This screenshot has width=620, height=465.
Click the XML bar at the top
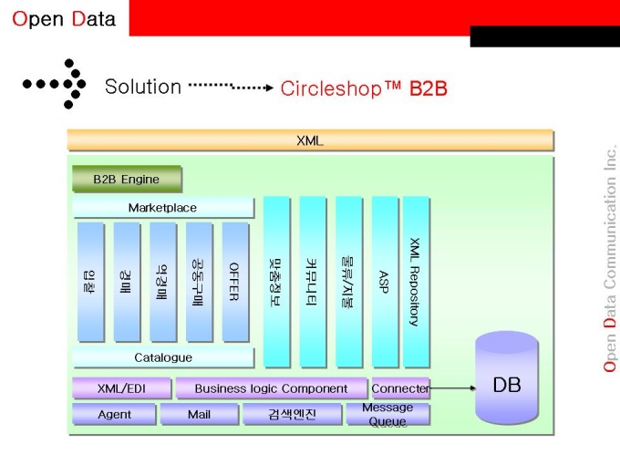[310, 140]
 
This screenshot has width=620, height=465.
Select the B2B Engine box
[126, 179]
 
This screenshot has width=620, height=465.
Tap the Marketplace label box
[162, 208]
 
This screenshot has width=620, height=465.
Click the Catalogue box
[162, 357]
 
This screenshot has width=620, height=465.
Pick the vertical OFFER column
[234, 281]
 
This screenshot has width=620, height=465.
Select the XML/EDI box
[121, 388]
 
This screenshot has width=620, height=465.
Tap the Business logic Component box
[271, 388]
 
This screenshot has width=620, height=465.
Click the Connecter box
[399, 388]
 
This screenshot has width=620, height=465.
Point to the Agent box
[114, 415]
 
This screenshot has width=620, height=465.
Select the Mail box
[199, 415]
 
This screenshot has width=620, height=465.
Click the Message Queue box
[387, 414]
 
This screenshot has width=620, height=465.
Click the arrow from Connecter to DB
[452, 388]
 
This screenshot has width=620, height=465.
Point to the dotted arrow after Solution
[231, 87]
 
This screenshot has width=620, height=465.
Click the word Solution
[143, 87]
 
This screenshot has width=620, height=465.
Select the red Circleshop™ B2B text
[364, 88]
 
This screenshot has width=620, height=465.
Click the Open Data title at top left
[63, 19]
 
